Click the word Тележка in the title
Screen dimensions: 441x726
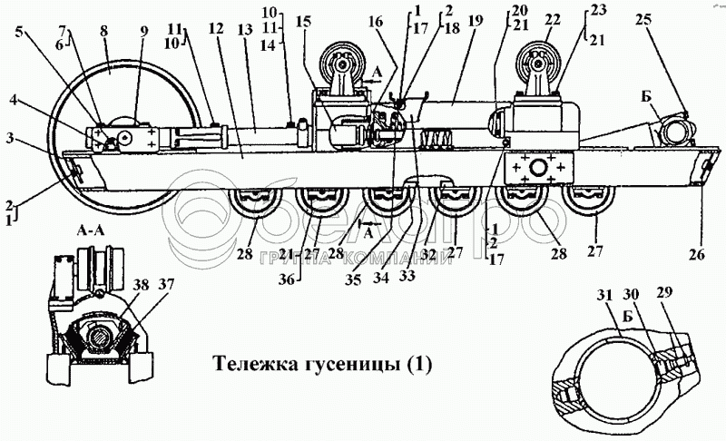[247, 365]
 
